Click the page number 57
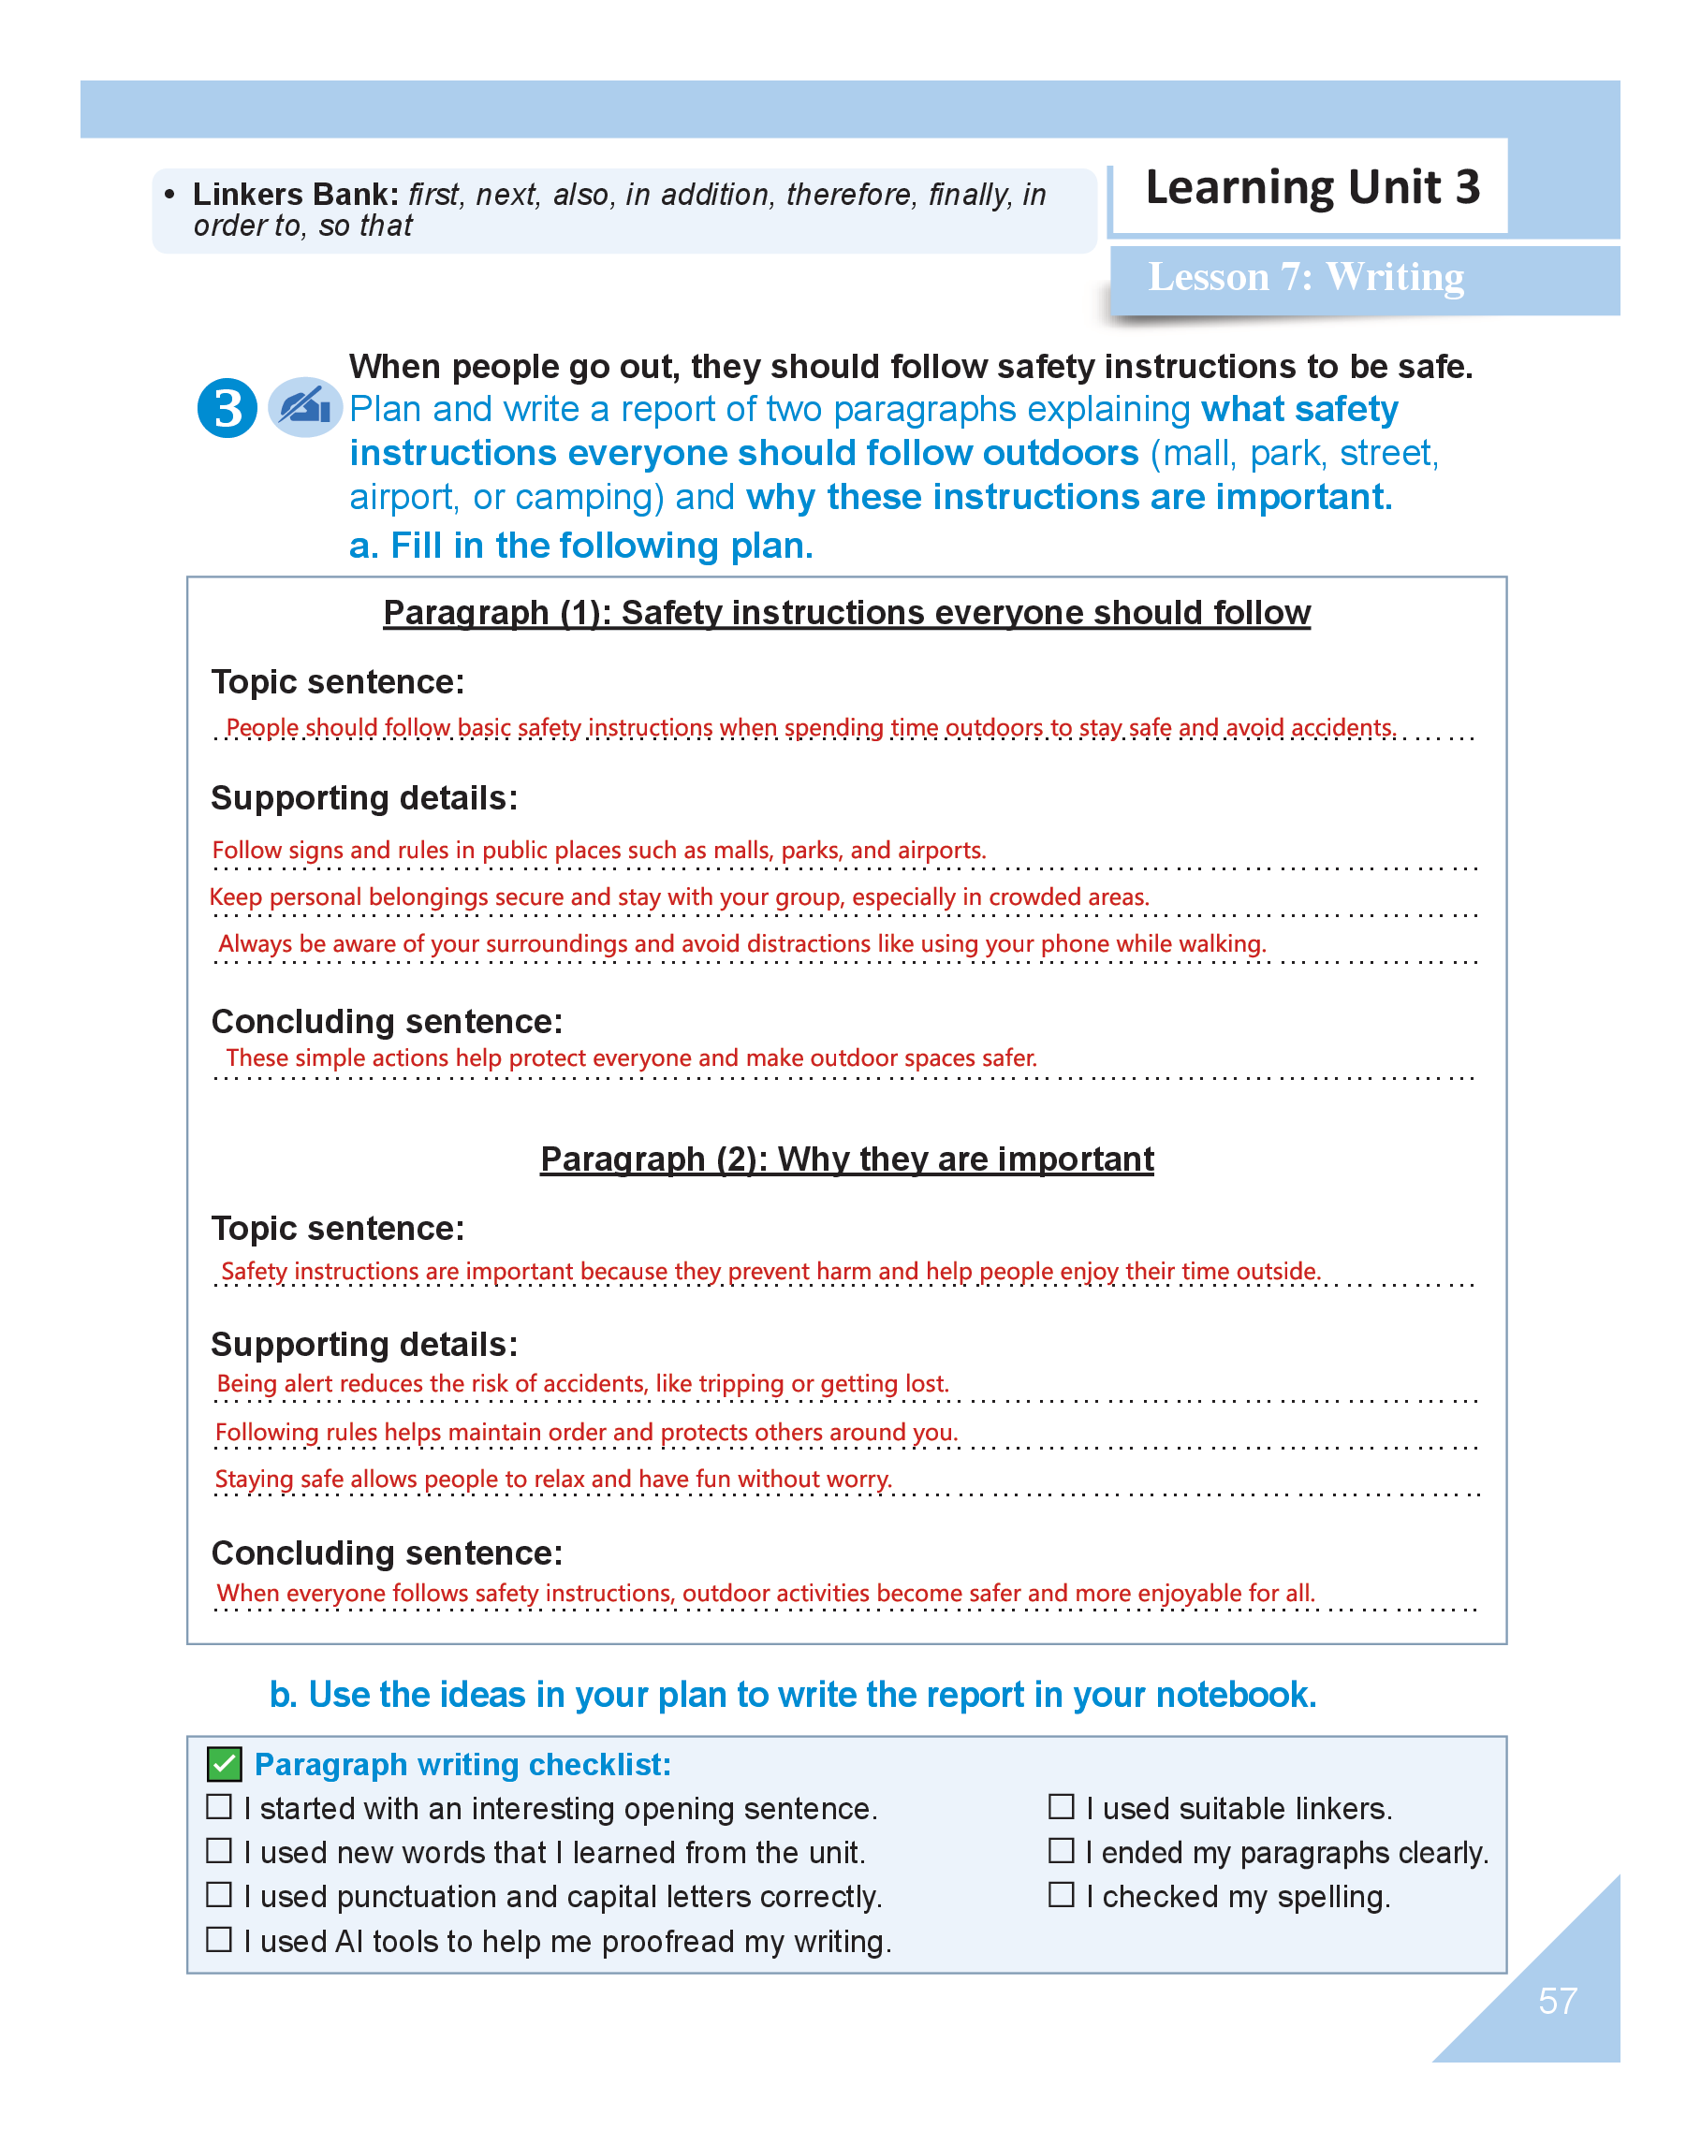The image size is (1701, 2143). tap(1556, 2000)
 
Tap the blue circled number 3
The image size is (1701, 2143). tap(227, 407)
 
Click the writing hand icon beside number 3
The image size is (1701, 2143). tap(304, 406)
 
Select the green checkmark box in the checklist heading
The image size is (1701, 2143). tap(225, 1764)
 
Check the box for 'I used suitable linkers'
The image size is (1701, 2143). tap(1061, 1806)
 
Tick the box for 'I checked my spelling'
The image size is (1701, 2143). tap(1061, 1894)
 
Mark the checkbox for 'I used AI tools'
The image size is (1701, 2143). tap(219, 1939)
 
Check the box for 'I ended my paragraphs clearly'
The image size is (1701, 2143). tap(1061, 1850)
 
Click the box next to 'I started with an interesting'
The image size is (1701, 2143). tap(219, 1806)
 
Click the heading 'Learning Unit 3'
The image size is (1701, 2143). tap(1312, 188)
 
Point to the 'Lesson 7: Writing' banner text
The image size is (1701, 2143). tap(1304, 277)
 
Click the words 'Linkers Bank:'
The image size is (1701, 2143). tap(295, 194)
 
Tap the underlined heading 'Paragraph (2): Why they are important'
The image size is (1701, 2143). tap(846, 1159)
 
